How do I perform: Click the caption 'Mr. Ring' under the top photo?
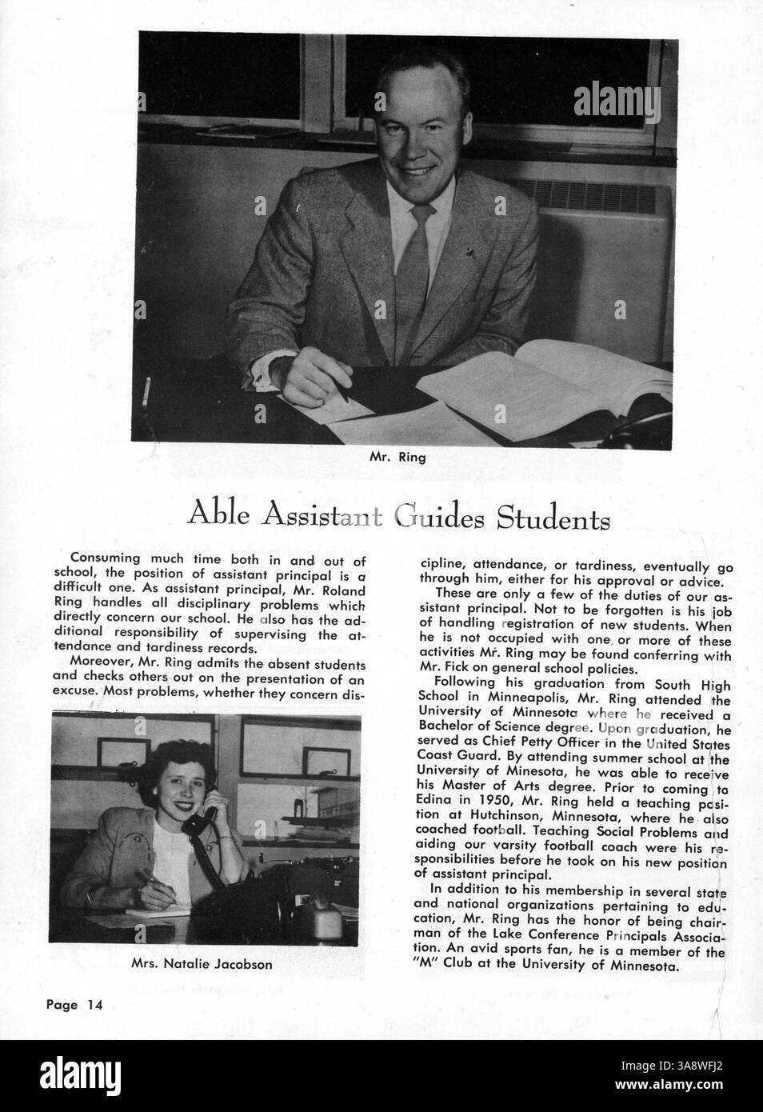coord(397,458)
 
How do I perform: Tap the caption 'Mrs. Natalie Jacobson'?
coord(201,965)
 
